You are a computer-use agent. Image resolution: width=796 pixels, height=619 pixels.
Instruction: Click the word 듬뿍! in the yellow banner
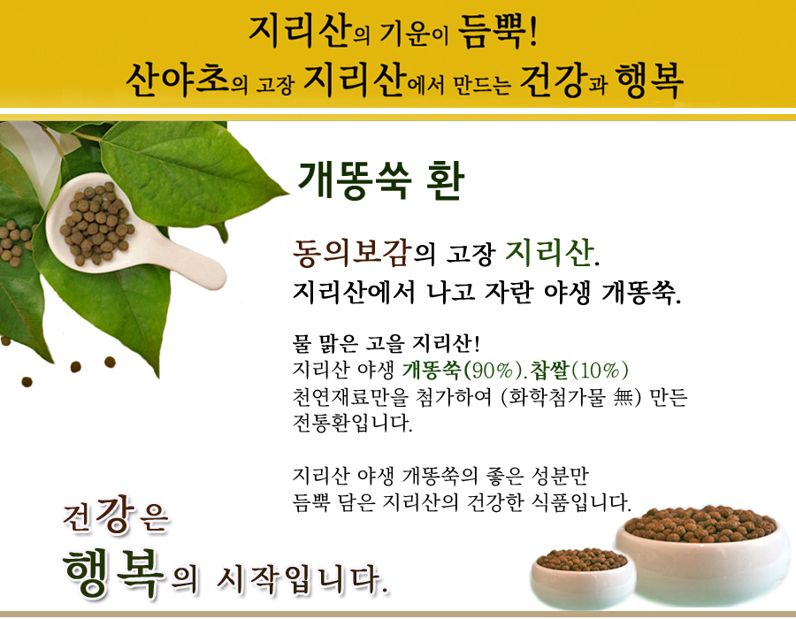tap(497, 32)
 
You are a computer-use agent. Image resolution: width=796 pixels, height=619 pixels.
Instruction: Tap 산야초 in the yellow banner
tap(178, 80)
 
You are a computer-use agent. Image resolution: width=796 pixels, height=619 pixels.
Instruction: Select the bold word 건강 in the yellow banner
tap(554, 80)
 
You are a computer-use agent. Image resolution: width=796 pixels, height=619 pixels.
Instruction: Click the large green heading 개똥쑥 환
tap(380, 181)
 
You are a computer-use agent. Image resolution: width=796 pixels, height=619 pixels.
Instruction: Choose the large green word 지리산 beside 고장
tap(548, 253)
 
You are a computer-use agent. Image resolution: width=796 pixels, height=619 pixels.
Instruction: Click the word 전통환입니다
tap(353, 423)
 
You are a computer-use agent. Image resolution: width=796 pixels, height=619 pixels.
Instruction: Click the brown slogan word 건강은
tap(116, 516)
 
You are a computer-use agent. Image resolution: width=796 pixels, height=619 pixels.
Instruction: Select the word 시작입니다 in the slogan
tap(302, 579)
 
